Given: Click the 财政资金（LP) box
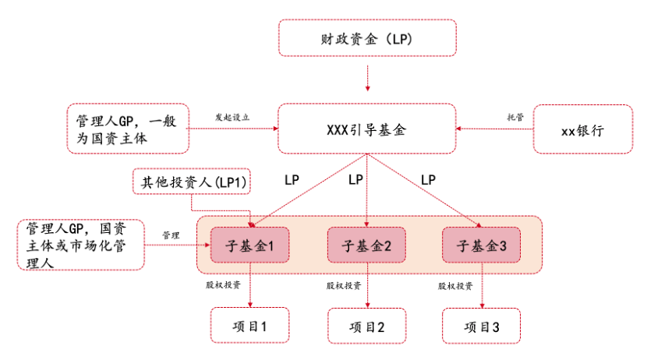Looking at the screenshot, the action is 367,38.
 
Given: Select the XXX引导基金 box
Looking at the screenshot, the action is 367,129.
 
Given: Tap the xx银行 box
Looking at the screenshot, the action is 582,129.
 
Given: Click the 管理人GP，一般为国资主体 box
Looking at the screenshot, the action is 128,129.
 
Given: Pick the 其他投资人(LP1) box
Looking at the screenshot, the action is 192,182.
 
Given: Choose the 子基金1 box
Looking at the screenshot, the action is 249,245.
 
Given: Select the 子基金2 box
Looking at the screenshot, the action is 366,245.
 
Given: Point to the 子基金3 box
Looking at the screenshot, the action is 481,245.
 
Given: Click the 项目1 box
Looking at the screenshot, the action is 249,326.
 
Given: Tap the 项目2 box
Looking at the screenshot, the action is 367,326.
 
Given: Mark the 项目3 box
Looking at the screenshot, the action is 481,326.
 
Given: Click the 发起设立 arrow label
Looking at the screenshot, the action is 232,118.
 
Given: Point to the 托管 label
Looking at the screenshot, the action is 515,117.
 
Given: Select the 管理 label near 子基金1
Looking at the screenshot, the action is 171,235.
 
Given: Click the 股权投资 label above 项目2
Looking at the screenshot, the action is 343,285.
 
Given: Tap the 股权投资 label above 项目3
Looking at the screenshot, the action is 455,286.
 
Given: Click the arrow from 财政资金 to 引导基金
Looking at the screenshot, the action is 367,74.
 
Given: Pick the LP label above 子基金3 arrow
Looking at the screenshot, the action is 428,180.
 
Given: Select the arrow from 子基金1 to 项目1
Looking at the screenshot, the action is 250,285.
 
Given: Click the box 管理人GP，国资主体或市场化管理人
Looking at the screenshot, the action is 81,245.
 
